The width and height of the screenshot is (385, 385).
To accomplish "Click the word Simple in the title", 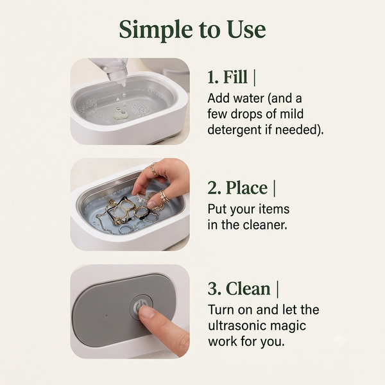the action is [x=156, y=30].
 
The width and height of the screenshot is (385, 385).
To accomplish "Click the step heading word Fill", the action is [x=235, y=77].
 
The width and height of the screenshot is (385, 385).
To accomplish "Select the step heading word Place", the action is [x=246, y=188].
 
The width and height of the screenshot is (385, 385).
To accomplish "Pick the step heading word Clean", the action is [x=248, y=289].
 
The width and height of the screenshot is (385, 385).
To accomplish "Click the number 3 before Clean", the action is [x=214, y=289].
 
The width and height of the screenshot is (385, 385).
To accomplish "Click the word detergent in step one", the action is [x=235, y=130].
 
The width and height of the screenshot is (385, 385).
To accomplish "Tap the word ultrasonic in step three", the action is [x=237, y=325].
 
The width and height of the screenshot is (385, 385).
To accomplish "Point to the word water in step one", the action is [x=248, y=98].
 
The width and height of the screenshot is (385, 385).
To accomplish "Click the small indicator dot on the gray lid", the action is [x=107, y=315].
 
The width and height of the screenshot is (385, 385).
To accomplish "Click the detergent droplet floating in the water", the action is [x=121, y=115].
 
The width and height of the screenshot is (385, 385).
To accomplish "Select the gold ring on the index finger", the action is [x=154, y=169].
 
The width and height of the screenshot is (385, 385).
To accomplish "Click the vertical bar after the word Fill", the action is [x=254, y=77].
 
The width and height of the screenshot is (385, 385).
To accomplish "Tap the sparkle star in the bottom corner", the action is [x=340, y=339].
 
